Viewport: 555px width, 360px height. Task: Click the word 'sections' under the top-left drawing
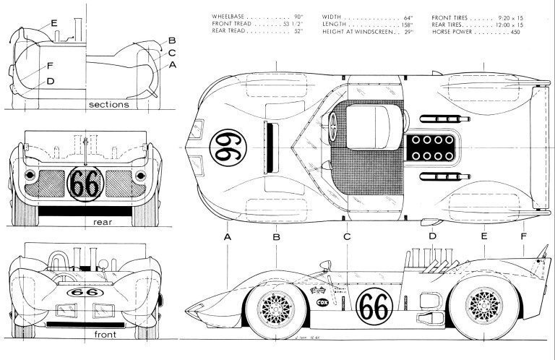pos(108,104)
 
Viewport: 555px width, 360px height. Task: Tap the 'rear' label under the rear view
pos(103,222)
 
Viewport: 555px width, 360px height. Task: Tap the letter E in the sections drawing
pos(53,23)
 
